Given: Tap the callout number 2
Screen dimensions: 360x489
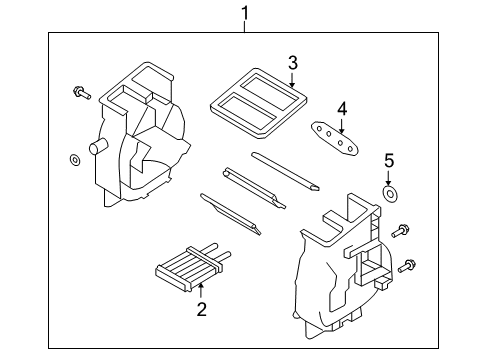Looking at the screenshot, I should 201,310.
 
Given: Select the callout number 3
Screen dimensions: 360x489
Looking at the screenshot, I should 292,64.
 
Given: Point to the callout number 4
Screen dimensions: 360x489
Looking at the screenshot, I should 341,107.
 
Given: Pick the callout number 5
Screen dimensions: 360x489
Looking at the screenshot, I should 390,159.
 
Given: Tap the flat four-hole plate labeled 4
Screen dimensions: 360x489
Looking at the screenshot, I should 334,135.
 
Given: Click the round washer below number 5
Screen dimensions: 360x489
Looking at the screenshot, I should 390,194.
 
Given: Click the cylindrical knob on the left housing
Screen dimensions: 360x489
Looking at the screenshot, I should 98,148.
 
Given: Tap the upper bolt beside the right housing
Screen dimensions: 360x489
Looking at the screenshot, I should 402,232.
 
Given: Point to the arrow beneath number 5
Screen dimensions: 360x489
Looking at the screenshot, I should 390,176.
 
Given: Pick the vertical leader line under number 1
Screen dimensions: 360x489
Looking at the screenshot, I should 243,26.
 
